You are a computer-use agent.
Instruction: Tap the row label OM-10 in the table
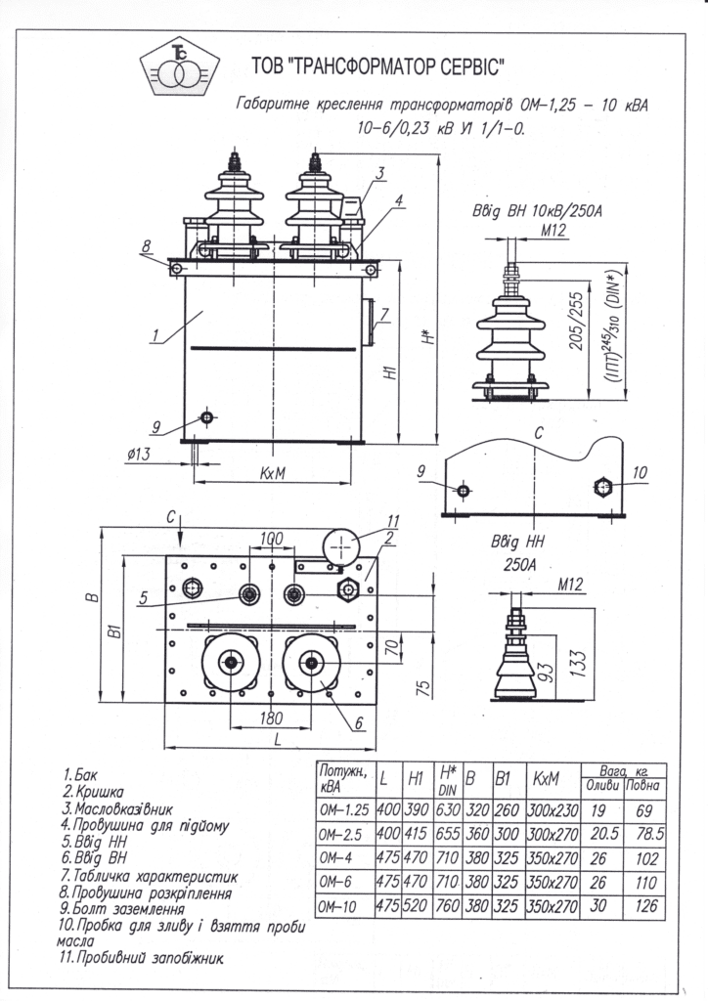(340, 906)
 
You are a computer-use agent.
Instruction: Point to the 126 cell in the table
(646, 907)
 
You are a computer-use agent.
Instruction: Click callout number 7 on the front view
(385, 315)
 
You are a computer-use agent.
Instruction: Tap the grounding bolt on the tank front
(206, 417)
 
